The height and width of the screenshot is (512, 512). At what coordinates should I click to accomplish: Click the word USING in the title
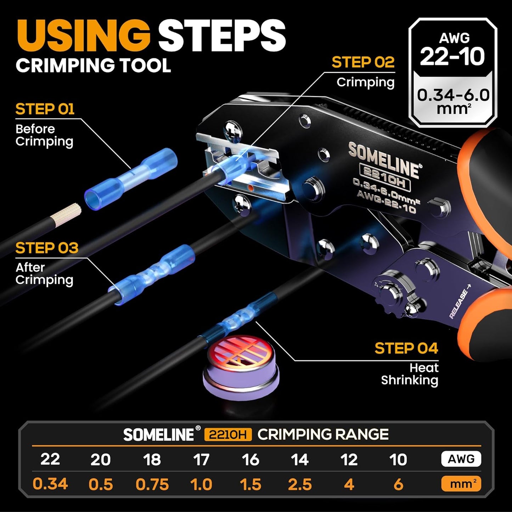click(x=83, y=36)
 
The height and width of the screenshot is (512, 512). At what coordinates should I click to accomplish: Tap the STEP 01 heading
click(x=45, y=109)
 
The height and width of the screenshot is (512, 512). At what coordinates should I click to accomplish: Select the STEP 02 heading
click(x=363, y=62)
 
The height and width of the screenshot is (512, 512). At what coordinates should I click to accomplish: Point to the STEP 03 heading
click(x=46, y=248)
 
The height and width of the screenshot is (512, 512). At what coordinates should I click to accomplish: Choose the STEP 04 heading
click(x=406, y=348)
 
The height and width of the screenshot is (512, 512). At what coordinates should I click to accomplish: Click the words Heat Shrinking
click(x=410, y=374)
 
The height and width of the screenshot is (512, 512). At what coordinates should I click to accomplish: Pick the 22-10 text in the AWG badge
click(x=452, y=57)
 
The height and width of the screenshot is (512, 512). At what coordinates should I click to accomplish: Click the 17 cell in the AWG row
click(x=201, y=460)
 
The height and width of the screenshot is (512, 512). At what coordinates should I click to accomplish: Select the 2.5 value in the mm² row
click(x=300, y=484)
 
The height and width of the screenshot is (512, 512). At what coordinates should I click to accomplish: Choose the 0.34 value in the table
click(x=50, y=484)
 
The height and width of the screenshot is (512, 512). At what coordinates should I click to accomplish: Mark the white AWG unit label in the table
click(x=461, y=459)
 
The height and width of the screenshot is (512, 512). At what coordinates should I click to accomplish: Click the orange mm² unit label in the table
click(x=461, y=484)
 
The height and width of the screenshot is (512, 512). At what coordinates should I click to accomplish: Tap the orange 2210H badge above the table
click(x=228, y=434)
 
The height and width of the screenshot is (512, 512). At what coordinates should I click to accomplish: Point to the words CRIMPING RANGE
click(x=323, y=434)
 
